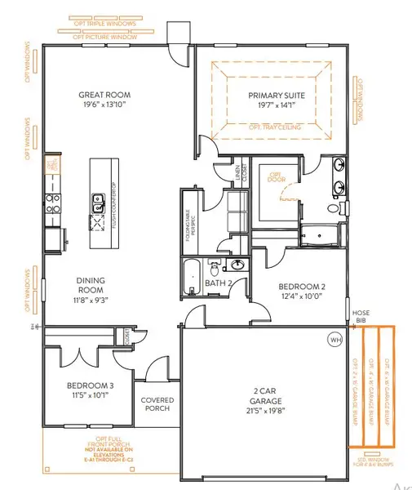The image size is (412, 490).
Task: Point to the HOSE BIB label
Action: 361,316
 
